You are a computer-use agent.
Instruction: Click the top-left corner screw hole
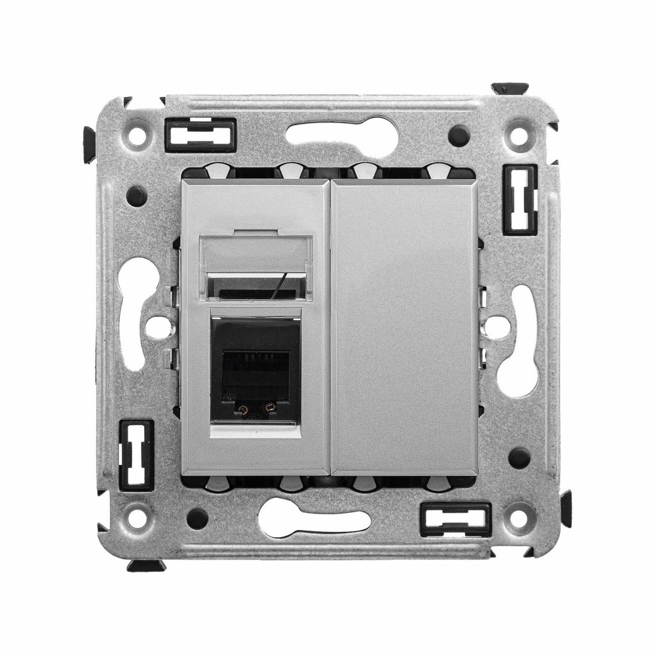click(137, 136)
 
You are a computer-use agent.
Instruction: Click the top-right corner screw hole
click(518, 136)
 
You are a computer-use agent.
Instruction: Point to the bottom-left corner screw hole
click(137, 517)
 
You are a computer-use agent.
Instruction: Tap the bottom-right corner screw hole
click(518, 517)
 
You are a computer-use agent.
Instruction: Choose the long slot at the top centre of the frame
click(341, 134)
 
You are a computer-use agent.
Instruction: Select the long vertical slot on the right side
click(521, 341)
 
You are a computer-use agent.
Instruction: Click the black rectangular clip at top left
click(200, 134)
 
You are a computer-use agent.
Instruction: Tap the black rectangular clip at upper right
click(520, 199)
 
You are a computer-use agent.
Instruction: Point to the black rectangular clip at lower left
click(136, 455)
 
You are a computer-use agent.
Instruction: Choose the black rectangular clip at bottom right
click(455, 519)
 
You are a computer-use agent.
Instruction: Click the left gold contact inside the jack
click(243, 411)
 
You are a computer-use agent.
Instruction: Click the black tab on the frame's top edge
click(510, 88)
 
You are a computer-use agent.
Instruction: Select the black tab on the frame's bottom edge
click(145, 565)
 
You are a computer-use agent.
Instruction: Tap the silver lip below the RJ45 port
click(255, 430)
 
